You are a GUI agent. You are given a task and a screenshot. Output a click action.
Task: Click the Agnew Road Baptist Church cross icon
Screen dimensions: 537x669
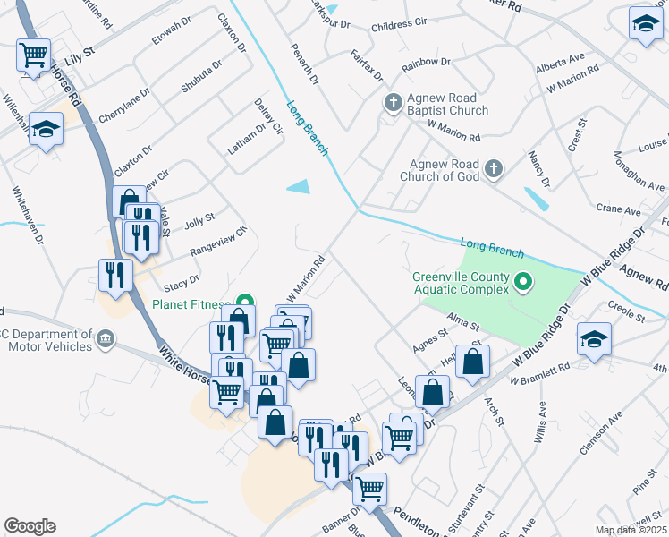tap(392, 103)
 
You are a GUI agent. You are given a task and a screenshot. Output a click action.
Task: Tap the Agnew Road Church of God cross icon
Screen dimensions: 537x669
tap(493, 168)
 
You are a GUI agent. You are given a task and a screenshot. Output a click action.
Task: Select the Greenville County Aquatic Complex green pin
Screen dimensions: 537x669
tap(524, 284)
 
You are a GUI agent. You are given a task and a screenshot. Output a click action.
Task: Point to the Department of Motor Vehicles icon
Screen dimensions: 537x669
tap(105, 340)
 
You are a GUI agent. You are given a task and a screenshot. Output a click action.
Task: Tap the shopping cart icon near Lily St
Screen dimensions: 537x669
tap(34, 55)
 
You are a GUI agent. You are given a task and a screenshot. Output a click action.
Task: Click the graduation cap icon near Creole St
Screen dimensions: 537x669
tap(592, 338)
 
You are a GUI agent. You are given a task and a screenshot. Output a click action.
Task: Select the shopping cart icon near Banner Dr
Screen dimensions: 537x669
tap(368, 489)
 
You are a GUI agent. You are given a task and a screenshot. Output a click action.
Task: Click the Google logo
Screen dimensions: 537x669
tap(30, 526)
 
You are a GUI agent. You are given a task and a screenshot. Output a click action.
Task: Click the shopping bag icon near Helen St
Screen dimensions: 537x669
tap(473, 361)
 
